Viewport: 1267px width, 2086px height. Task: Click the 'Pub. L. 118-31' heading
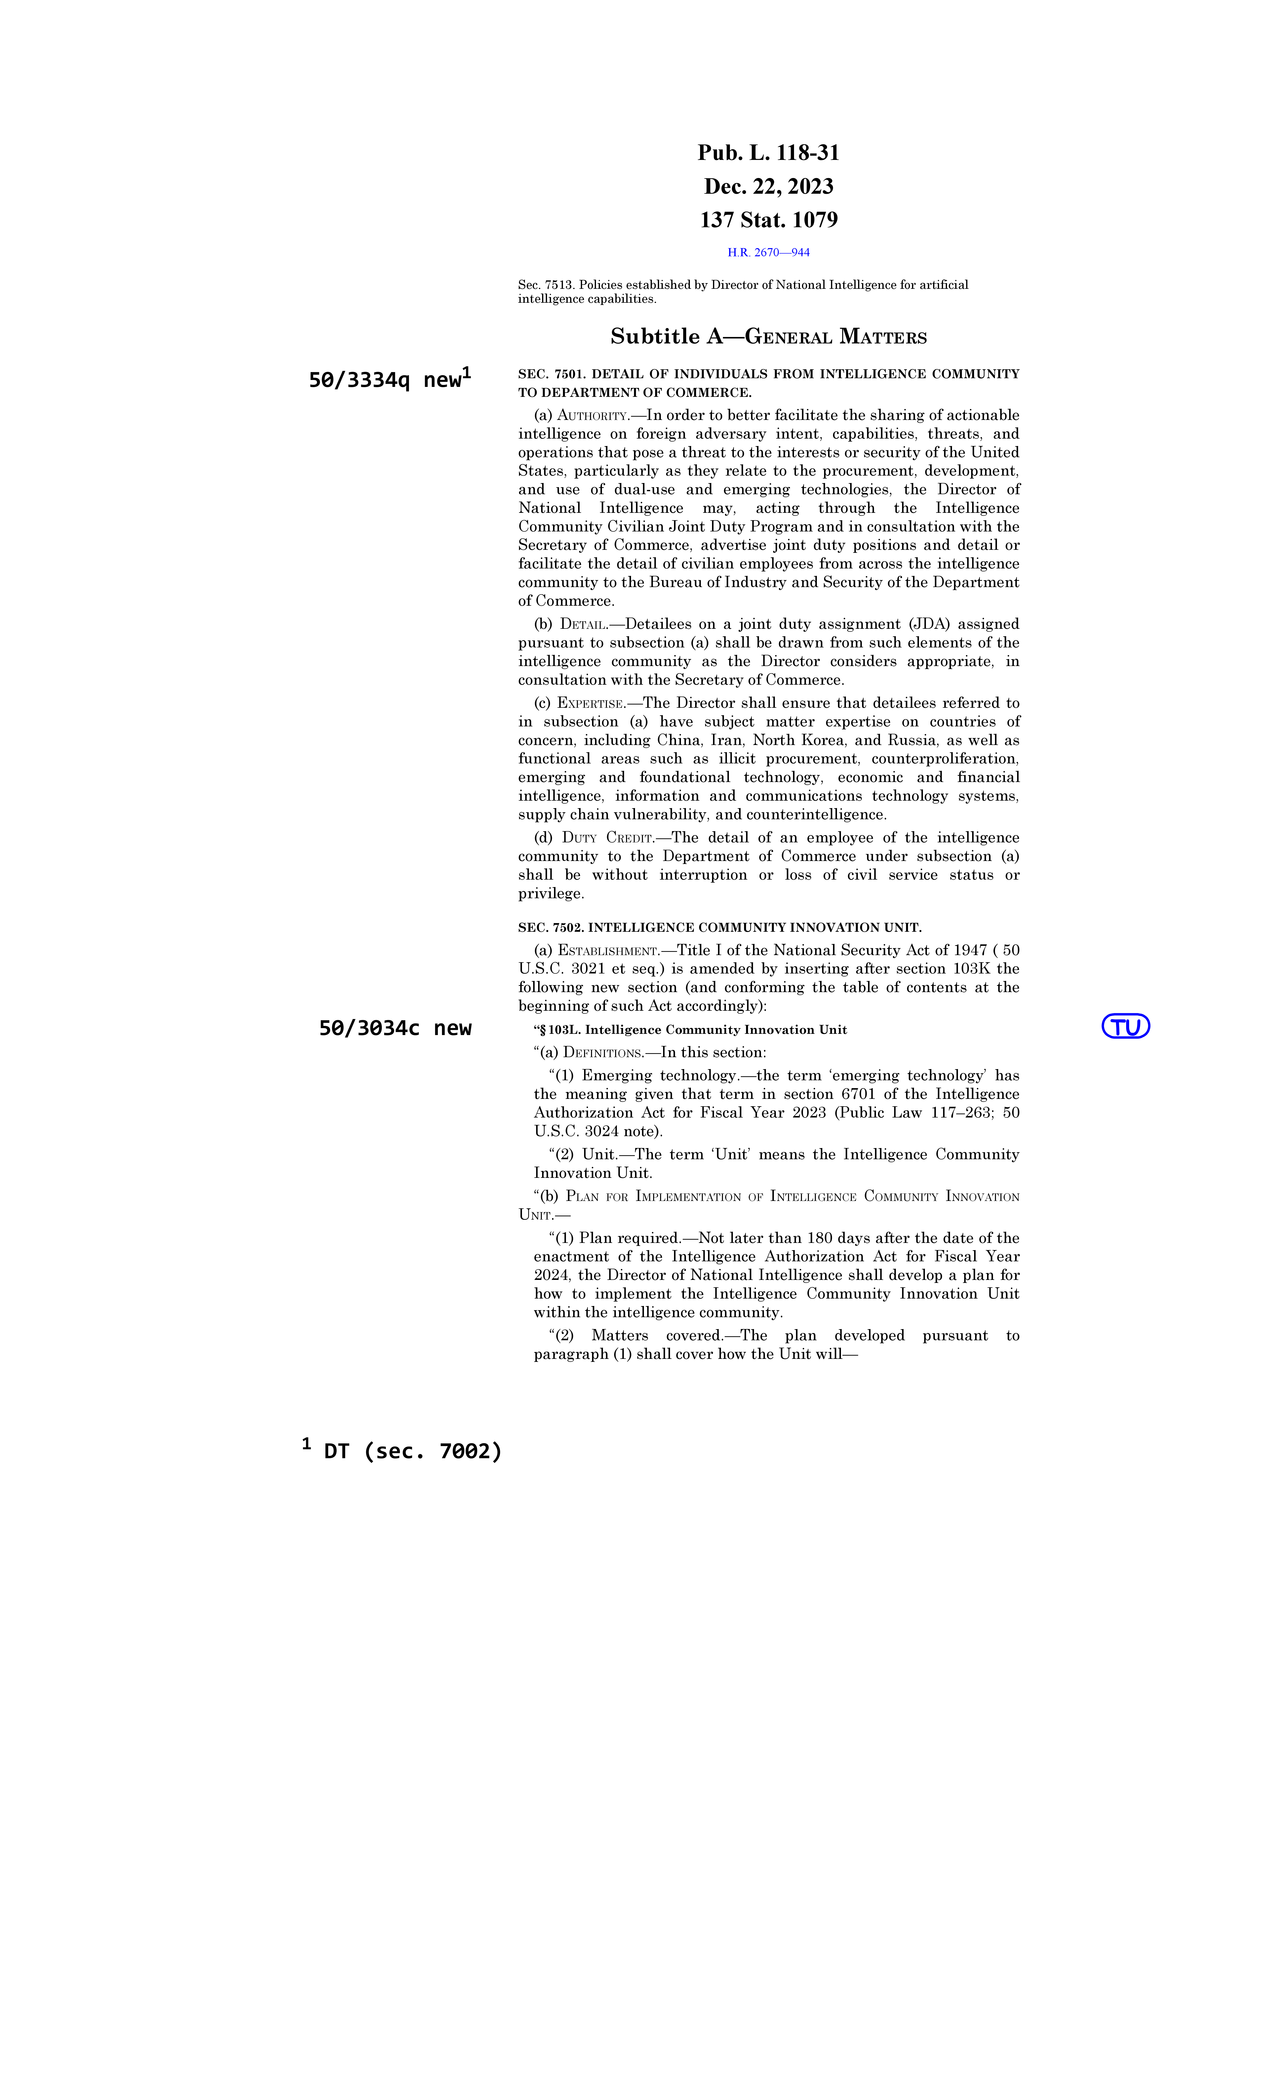(x=768, y=153)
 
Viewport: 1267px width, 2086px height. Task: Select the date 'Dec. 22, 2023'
(x=768, y=186)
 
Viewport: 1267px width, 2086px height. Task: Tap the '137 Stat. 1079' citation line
(x=768, y=220)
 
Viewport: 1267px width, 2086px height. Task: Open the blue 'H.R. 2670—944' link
(x=768, y=252)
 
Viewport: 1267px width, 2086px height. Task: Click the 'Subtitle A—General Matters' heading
(x=768, y=337)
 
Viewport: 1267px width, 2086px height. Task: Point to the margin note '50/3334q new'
(x=388, y=380)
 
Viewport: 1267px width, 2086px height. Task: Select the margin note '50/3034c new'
(x=395, y=1028)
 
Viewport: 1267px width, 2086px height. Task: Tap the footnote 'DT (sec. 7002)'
(x=412, y=1451)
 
